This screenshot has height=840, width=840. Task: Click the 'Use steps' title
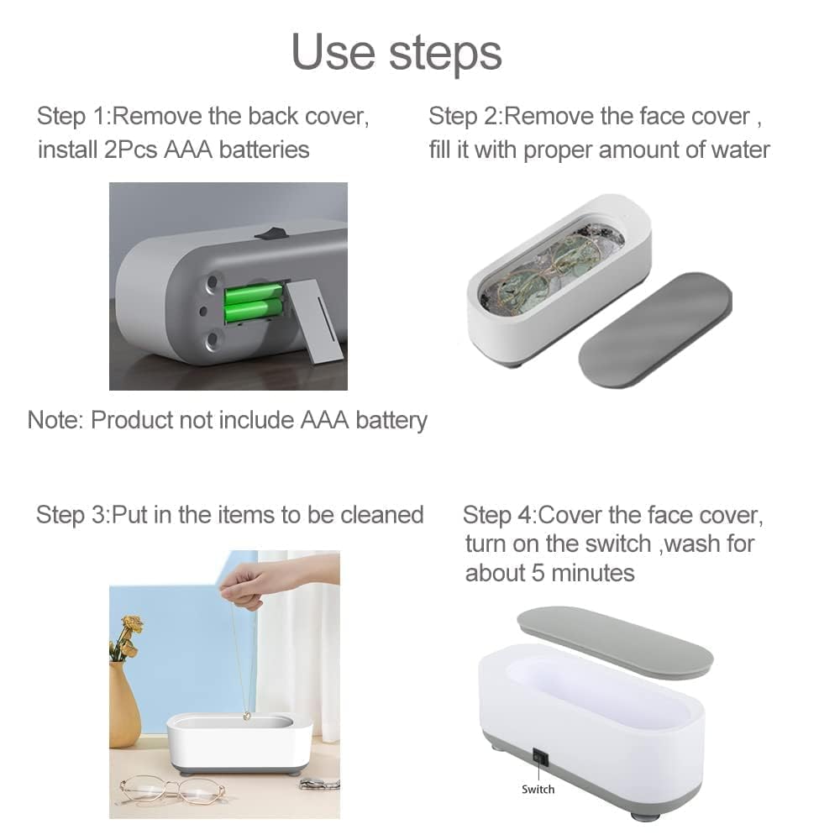coord(396,51)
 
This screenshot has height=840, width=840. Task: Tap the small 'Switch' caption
coord(538,789)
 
